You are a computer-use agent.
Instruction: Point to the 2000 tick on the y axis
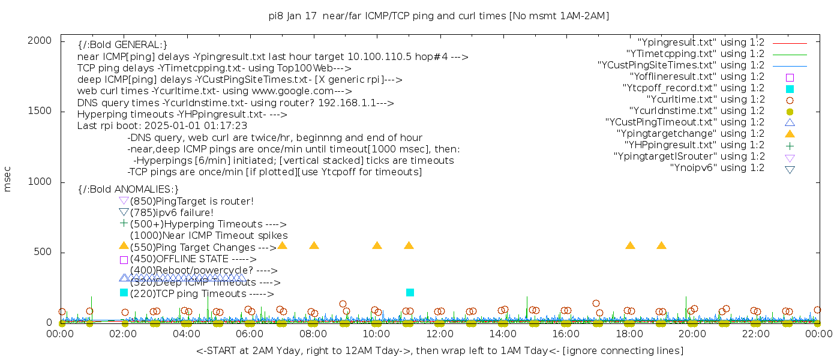tap(44, 40)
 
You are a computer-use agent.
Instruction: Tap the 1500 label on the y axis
tap(44, 111)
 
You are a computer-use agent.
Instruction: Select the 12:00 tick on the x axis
tap(439, 334)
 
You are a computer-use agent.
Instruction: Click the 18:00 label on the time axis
tap(629, 334)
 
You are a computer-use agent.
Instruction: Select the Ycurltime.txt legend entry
tap(705, 100)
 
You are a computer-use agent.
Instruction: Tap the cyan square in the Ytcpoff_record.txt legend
tap(790, 89)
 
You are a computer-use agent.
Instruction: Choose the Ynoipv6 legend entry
tap(717, 168)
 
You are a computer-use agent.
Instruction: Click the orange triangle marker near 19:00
tap(661, 245)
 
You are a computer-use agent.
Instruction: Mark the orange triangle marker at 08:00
tap(314, 245)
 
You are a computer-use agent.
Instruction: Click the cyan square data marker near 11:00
tap(410, 292)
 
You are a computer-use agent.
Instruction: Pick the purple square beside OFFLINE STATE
tap(124, 260)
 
